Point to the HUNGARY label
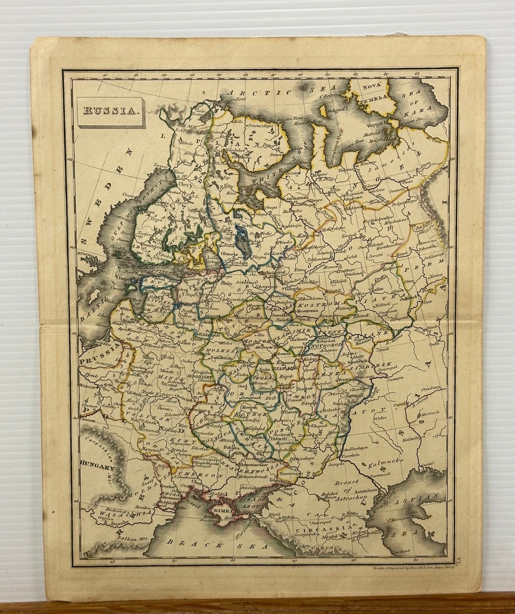coord(98,468)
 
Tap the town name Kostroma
coord(308,311)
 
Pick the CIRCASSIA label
coord(322,529)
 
